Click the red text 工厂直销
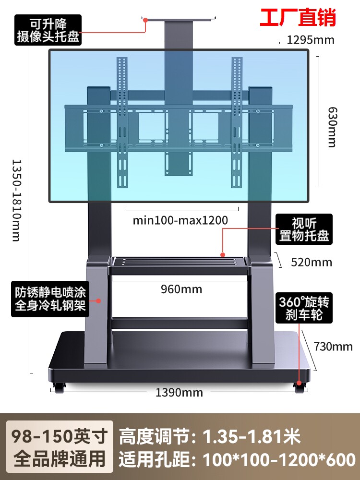pos(298,17)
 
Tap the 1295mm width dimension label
pos(311,40)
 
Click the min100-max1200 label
pos(180,220)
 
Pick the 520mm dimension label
pos(312,262)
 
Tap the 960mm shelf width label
pos(181,289)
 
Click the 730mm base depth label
pos(333,346)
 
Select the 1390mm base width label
pos(179,393)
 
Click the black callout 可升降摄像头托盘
pos(48,30)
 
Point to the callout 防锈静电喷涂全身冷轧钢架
pos(50,299)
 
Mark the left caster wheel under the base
pos(60,387)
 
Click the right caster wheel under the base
pos(300,387)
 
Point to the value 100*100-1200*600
pos(279,460)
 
